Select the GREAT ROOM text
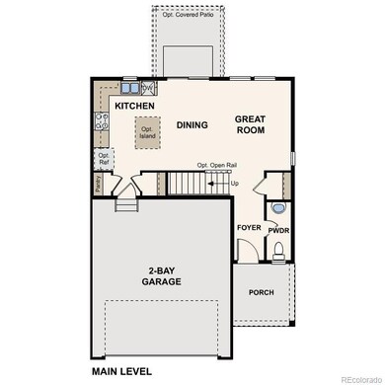pyautogui.click(x=251, y=124)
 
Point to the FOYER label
pyautogui.click(x=248, y=228)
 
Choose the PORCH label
pyautogui.click(x=262, y=291)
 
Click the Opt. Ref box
pyautogui.click(x=103, y=158)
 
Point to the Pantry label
pyautogui.click(x=98, y=182)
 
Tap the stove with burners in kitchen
pyautogui.click(x=100, y=124)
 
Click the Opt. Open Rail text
pyautogui.click(x=216, y=164)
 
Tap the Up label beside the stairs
pyautogui.click(x=234, y=184)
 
